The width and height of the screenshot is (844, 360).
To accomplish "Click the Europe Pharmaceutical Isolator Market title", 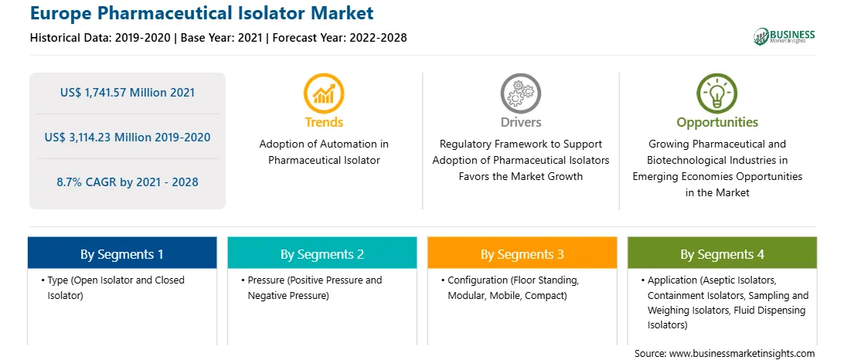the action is (202, 13).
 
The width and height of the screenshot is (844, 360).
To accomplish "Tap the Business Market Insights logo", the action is (784, 36).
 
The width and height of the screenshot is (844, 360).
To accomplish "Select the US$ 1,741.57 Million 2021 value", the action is (128, 93).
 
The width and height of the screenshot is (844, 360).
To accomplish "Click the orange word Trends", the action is (324, 122).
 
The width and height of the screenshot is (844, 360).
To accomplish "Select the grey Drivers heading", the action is (521, 122).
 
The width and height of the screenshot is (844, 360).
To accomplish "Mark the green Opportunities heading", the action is (717, 122).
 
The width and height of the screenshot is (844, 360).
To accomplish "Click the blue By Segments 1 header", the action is (121, 253).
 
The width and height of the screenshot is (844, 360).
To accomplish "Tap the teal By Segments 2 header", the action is (322, 253).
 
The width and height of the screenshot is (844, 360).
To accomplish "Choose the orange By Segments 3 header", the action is (522, 253).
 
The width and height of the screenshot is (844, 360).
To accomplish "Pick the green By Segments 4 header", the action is (723, 253).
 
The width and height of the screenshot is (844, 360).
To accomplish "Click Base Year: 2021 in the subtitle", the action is (221, 38).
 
